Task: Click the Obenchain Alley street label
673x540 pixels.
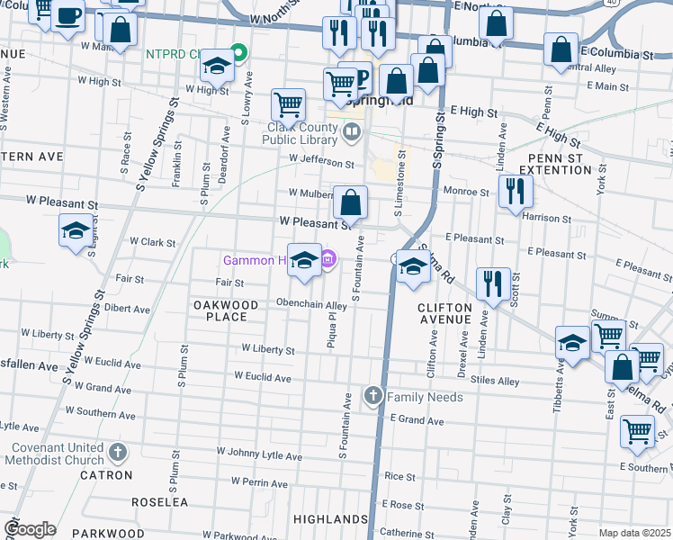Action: tap(311, 304)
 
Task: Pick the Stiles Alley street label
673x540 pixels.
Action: tap(494, 382)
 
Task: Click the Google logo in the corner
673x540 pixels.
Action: tap(30, 529)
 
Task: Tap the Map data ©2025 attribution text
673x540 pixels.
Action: tap(634, 534)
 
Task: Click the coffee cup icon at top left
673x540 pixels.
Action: tap(67, 16)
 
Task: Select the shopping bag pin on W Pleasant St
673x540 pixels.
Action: tap(351, 202)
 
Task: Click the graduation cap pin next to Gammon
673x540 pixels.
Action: tap(305, 261)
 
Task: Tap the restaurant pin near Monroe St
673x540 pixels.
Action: tap(515, 191)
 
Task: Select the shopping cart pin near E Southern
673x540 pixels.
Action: tap(637, 432)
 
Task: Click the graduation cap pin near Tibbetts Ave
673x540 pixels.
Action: tap(572, 343)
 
